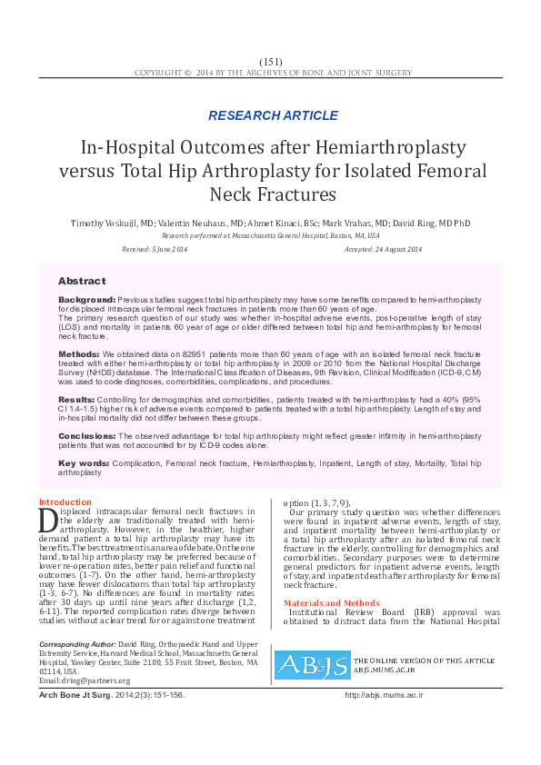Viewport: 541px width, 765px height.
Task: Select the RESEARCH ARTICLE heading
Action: pos(273,115)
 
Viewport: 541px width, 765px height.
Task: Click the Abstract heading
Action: pos(82,281)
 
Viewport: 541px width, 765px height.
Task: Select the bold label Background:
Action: pos(86,299)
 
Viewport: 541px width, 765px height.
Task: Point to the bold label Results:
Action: pos(76,399)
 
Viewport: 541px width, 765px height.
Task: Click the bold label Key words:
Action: pos(83,463)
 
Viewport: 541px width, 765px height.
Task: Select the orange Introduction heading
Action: pos(65,502)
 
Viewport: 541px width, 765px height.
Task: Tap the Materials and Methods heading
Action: pos(332,603)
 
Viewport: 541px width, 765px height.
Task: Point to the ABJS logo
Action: pos(312,665)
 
